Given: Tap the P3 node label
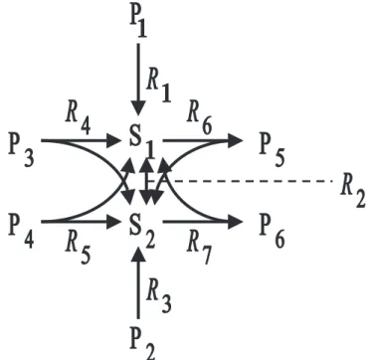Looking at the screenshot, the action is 21,152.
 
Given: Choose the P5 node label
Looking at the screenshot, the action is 272,152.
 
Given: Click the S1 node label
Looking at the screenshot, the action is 142,145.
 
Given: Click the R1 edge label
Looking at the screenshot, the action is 158,87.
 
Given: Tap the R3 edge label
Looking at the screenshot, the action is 158,296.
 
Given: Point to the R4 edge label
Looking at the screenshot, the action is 78,120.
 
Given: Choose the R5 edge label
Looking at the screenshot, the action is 78,250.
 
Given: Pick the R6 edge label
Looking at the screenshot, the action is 200,120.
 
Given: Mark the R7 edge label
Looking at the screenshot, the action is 199,250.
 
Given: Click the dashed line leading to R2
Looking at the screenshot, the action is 250,181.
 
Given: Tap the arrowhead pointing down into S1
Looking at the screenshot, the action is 138,108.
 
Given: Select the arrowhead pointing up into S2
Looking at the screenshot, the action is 138,256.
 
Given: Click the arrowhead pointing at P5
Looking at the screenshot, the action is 235,140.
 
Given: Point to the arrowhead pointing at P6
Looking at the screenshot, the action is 235,222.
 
